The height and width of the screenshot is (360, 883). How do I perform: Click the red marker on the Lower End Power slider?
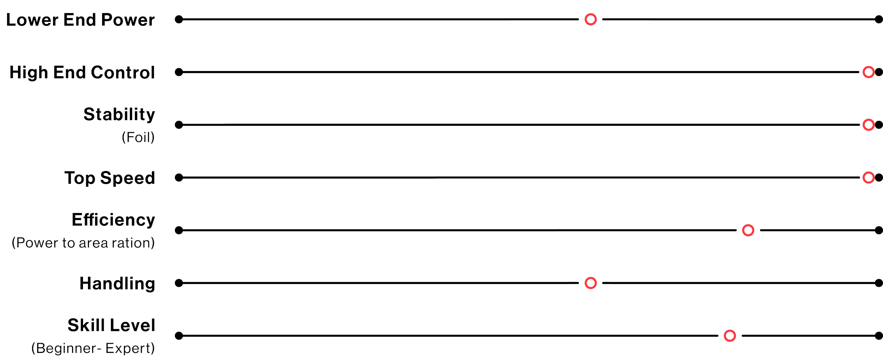tap(591, 19)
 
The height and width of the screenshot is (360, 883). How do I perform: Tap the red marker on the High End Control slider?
tap(868, 72)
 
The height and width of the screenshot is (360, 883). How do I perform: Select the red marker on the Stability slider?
tap(868, 125)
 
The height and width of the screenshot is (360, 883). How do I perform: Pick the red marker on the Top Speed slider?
tap(868, 177)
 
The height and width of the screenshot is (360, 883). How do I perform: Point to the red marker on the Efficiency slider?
tap(748, 230)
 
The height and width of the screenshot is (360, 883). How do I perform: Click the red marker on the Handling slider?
tap(591, 283)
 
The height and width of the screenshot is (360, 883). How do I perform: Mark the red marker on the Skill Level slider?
tap(730, 336)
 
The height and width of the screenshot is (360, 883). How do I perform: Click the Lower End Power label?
tap(81, 20)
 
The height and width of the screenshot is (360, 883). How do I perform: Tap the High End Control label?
tap(82, 72)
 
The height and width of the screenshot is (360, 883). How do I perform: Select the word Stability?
tap(119, 114)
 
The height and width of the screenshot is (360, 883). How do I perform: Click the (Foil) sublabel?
tap(138, 137)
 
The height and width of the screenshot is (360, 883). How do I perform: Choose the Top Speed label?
tap(110, 178)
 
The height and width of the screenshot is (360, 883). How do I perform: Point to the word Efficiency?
tap(113, 220)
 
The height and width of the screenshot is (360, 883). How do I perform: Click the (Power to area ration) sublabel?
tap(83, 243)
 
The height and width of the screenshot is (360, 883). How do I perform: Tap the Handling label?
tap(117, 283)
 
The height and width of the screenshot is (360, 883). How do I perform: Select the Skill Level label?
tap(111, 325)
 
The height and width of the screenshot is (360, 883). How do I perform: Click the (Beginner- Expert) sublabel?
tap(93, 349)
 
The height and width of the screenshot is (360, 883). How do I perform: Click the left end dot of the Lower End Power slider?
tap(179, 19)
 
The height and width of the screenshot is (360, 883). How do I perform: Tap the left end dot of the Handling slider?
tap(179, 283)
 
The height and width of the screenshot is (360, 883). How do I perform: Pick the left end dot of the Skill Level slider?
tap(179, 336)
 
